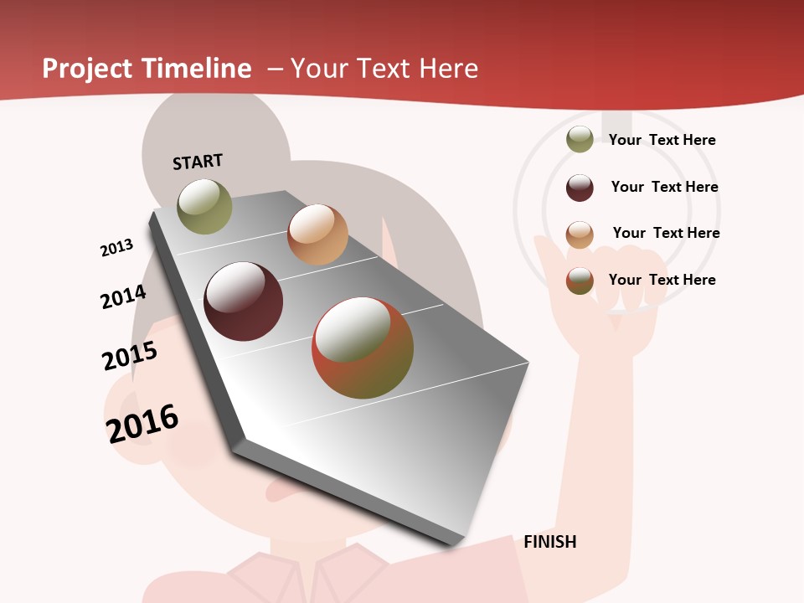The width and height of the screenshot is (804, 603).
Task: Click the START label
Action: pos(198,162)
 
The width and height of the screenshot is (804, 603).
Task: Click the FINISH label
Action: pos(549,542)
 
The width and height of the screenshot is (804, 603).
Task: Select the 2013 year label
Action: pos(116,248)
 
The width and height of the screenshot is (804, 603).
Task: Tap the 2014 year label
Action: pos(123,296)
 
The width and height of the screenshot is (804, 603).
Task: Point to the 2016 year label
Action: pos(142,423)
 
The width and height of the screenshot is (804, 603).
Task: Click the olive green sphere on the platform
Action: pos(204,207)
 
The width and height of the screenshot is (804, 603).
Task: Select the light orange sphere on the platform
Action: pos(317,234)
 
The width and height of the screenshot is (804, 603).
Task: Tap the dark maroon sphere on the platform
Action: pos(243,301)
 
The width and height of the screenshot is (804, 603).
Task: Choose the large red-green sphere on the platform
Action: pos(363,348)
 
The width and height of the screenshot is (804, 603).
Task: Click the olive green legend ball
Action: pos(580,139)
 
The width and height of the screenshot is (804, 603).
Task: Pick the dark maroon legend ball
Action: pos(580,188)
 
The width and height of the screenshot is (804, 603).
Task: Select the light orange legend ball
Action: pos(580,234)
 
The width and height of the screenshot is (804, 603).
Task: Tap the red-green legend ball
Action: pos(580,281)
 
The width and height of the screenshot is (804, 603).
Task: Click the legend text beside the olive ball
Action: pos(662,140)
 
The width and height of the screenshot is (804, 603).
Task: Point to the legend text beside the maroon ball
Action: pos(664,187)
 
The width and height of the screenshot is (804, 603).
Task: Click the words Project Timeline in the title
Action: pos(147,69)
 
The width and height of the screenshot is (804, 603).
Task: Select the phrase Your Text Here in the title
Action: pos(384,69)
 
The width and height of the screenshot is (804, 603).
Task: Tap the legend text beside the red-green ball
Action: pos(662,280)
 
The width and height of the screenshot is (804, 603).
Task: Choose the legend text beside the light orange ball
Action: pos(666,233)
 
